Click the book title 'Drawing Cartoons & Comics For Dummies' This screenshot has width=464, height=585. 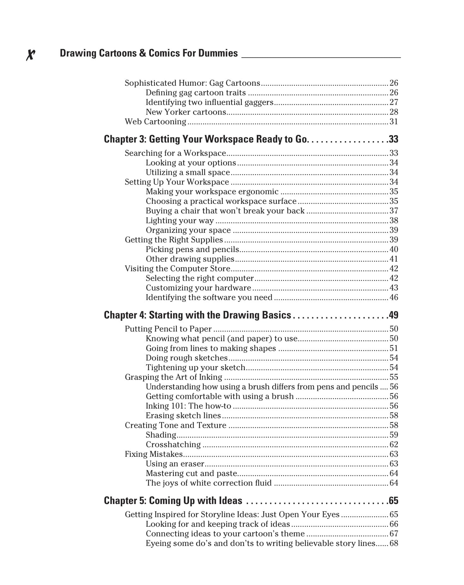point(149,53)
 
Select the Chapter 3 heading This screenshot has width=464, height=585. point(205,139)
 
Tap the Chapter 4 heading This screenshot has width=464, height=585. point(197,315)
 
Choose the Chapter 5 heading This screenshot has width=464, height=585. point(173,500)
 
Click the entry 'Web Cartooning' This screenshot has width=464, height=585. point(156,122)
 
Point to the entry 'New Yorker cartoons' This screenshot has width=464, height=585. point(186,112)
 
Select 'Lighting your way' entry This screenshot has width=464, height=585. point(179,221)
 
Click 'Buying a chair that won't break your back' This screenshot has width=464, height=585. point(225,211)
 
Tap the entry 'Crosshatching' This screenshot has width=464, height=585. point(173,444)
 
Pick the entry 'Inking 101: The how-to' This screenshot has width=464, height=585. point(188,406)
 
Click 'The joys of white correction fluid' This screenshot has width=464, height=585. point(209,483)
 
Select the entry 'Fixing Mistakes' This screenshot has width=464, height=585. point(154,454)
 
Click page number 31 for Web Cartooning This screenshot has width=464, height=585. point(394,122)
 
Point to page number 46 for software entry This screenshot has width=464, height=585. point(394,297)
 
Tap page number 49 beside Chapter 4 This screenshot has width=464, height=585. point(393,315)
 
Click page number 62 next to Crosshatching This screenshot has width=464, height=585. point(394,444)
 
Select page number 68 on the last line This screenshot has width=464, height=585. point(394,543)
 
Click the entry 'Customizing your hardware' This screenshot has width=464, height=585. point(198,288)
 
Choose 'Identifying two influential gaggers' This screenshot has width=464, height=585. point(209,102)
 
